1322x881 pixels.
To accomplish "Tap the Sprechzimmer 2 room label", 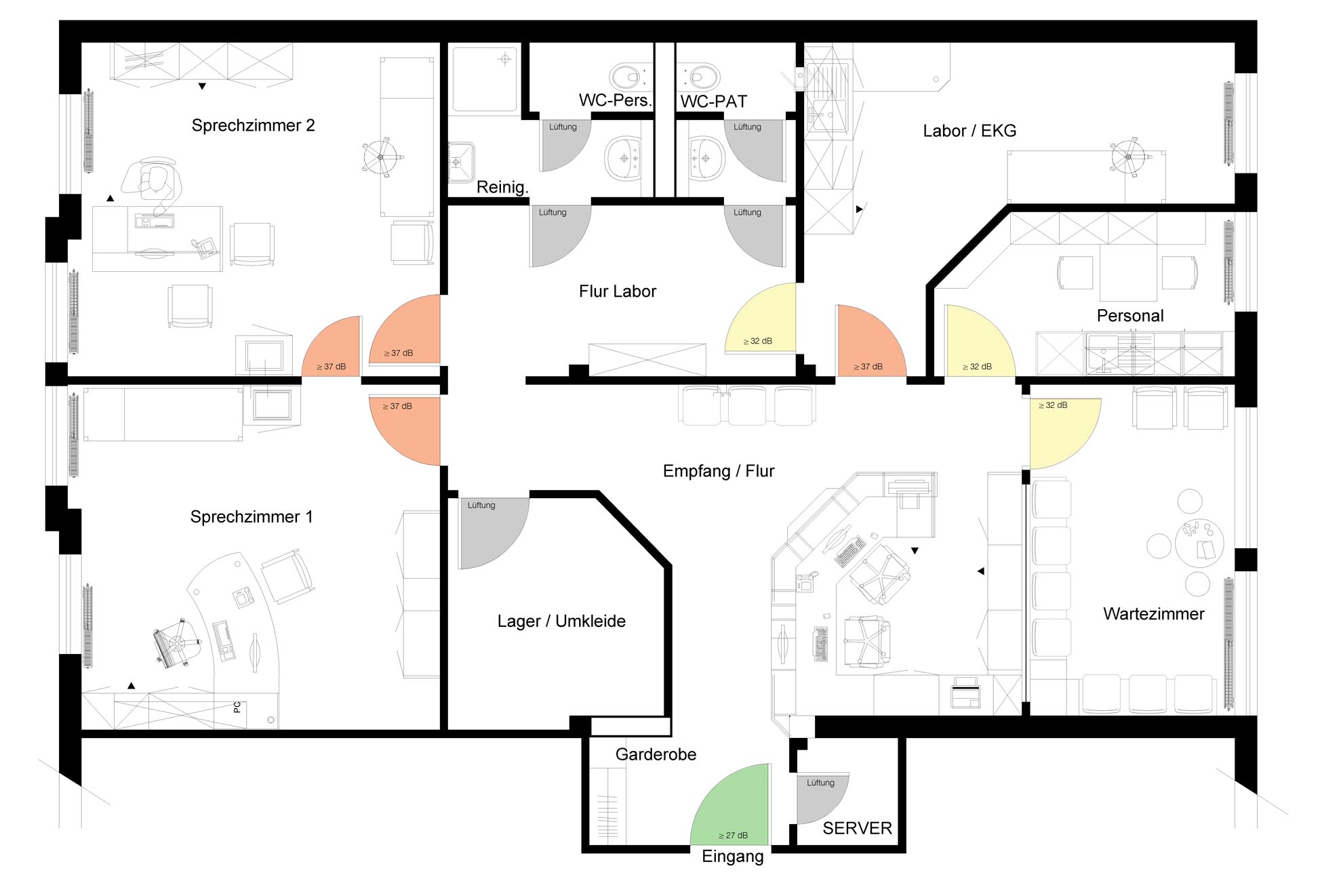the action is point(253,125).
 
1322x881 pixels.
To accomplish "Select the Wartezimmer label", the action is point(1154,614).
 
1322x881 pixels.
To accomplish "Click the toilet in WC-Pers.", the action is point(630,77).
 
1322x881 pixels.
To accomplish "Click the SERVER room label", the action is point(857,828).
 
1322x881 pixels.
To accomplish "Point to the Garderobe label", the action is point(656,754).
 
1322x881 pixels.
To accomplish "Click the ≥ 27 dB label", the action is point(733,836).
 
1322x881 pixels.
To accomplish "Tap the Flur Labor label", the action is point(618,291).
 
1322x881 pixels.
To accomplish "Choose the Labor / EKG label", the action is point(969,131).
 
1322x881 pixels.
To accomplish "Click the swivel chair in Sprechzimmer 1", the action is point(177,642).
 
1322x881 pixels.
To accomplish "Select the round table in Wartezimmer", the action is point(1199,543).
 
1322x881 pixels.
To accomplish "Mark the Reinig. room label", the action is point(502,187).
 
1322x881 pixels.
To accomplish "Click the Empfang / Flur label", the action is point(719,471).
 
